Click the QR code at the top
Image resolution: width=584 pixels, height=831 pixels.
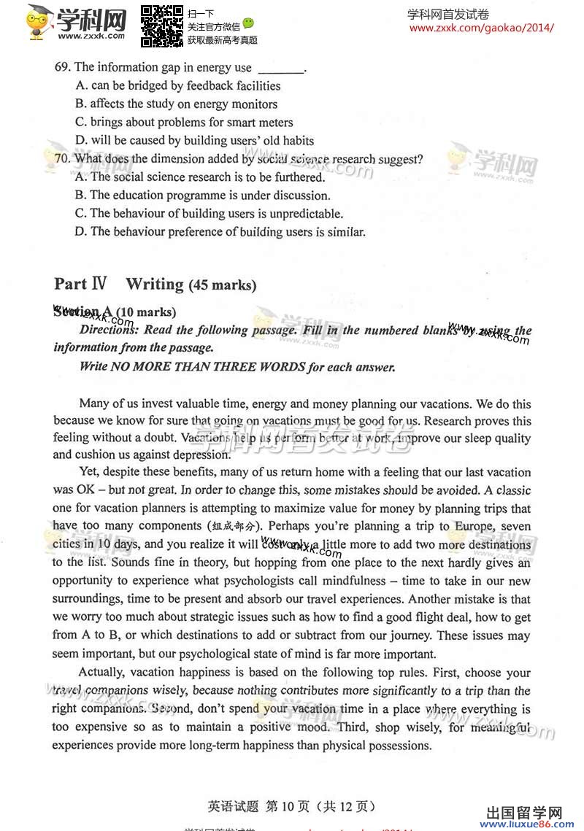(x=161, y=26)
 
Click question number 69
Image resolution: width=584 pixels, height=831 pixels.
(x=62, y=67)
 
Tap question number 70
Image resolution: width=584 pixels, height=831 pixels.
(x=62, y=159)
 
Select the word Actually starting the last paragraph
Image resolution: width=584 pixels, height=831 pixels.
(x=103, y=673)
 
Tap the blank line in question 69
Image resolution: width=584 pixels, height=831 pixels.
(x=280, y=69)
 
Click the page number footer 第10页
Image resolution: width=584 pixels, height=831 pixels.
(x=290, y=806)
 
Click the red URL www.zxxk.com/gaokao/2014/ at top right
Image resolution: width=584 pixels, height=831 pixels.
(x=481, y=28)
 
